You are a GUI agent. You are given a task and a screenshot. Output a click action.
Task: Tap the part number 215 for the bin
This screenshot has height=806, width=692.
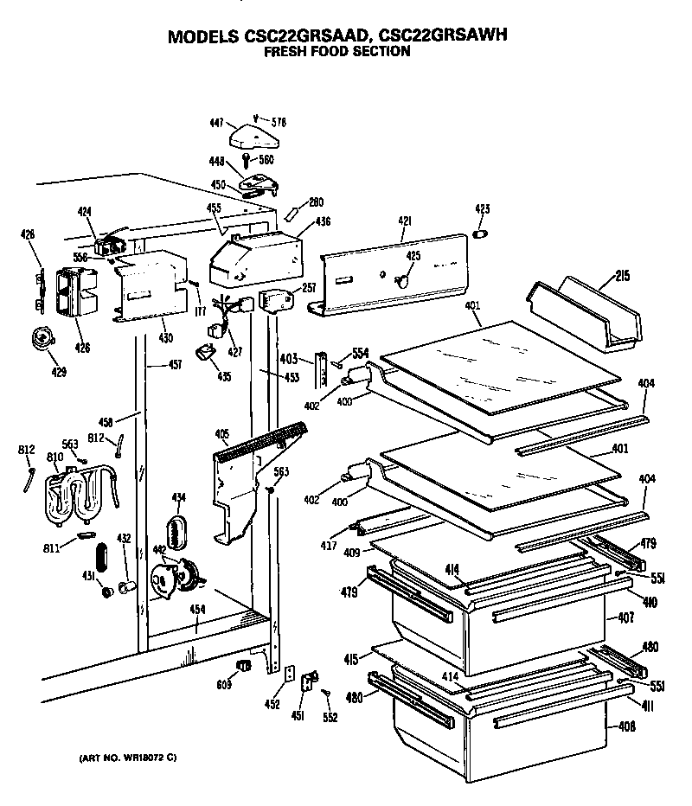tap(621, 277)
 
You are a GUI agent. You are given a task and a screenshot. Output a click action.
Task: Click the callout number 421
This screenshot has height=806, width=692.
tap(403, 222)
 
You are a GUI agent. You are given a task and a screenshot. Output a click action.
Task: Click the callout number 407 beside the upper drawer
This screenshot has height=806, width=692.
tap(626, 618)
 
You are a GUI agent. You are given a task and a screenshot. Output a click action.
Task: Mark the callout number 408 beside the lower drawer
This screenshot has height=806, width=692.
tap(626, 726)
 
